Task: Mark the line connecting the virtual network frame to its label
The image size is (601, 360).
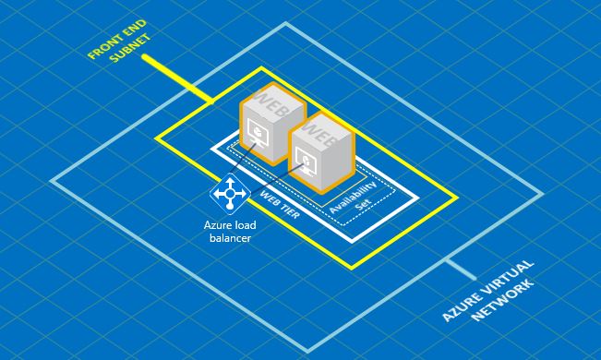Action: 460,270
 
